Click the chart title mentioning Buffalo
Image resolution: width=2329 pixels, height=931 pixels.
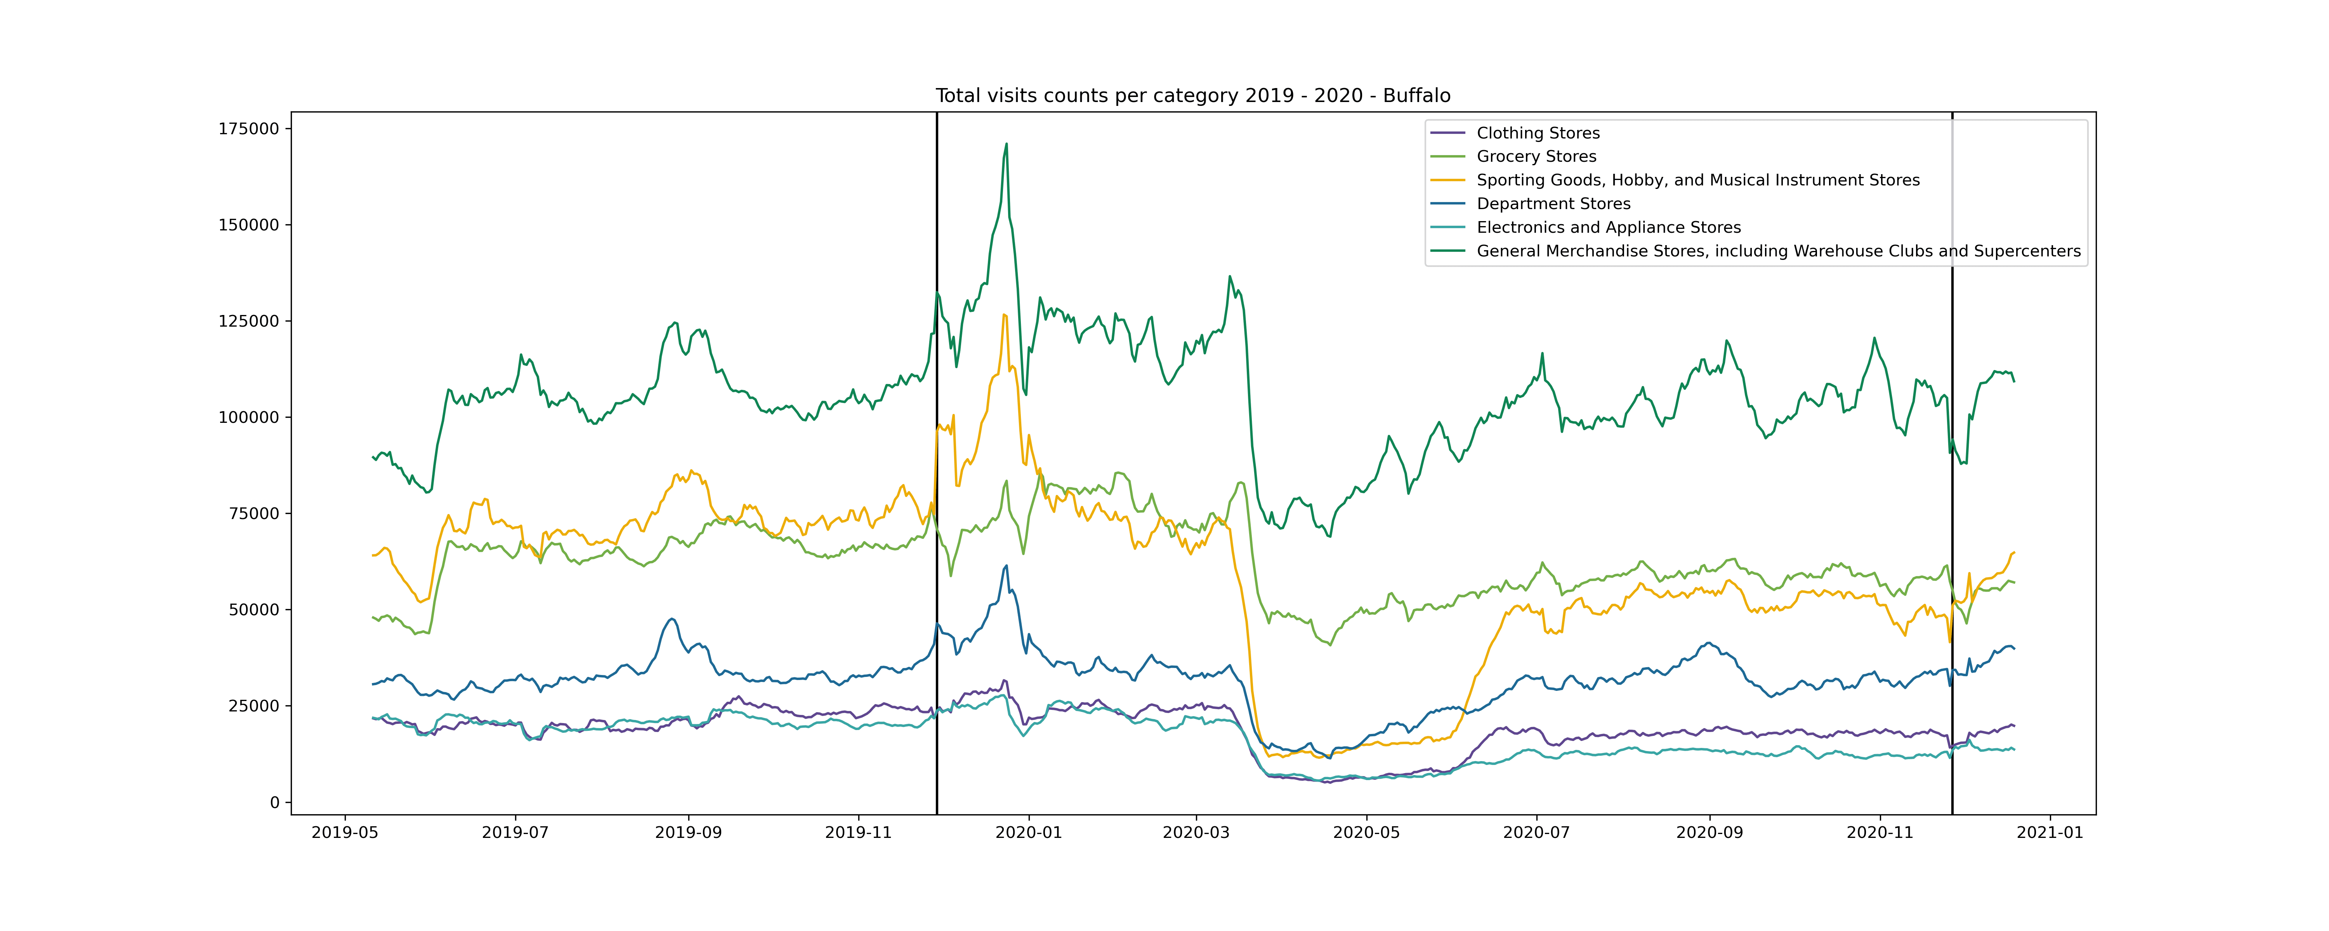1192,96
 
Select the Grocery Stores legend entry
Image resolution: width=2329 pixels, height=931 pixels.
1536,156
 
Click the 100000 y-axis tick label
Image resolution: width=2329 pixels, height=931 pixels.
249,418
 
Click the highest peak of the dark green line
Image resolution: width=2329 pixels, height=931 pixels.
1006,144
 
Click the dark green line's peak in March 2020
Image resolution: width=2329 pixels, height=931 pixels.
1230,277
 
